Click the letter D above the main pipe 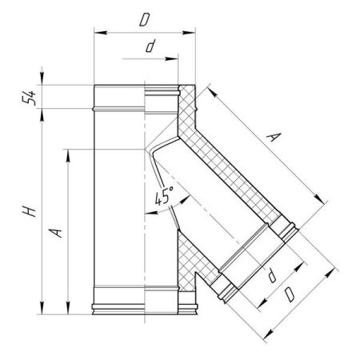pyautogui.click(x=145, y=20)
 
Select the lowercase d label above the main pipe pyautogui.click(x=150, y=46)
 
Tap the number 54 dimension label pyautogui.click(x=29, y=98)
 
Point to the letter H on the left pyautogui.click(x=29, y=211)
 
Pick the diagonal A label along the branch pyautogui.click(x=274, y=137)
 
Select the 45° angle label pyautogui.click(x=164, y=196)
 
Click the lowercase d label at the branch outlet pyautogui.click(x=272, y=275)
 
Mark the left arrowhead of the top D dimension pyautogui.click(x=101, y=33)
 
